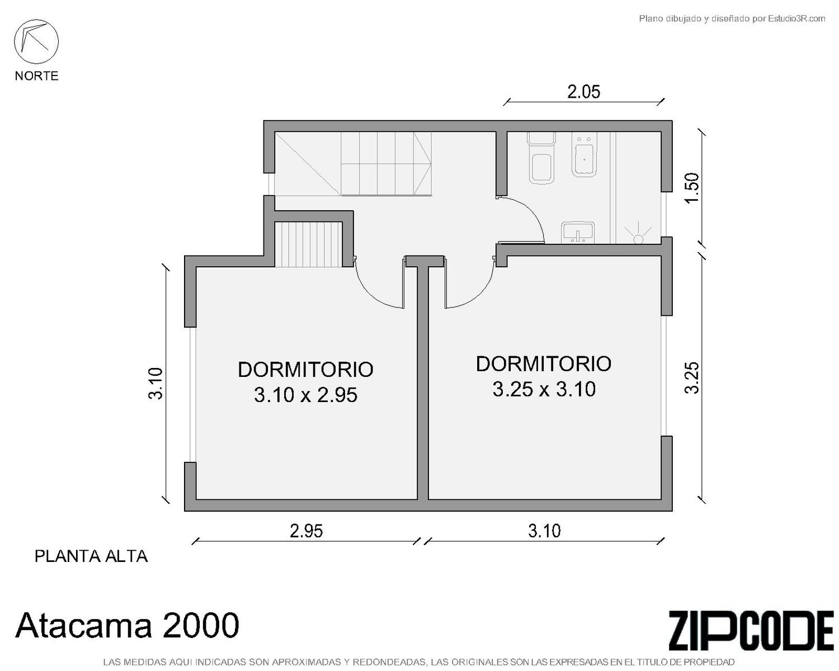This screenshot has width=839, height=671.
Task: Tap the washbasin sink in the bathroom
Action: (x=578, y=233)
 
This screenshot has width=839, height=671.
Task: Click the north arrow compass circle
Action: (x=36, y=41)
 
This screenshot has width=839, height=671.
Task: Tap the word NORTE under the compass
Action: (x=37, y=75)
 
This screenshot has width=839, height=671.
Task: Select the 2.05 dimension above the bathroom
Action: (x=583, y=92)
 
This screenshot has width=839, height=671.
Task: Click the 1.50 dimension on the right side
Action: (x=692, y=188)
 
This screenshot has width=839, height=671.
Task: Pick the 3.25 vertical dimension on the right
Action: (x=692, y=378)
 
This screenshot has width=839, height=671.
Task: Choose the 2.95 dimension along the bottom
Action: (x=307, y=531)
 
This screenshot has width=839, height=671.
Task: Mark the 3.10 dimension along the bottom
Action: (x=544, y=531)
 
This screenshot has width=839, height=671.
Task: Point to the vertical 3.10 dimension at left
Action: (x=155, y=383)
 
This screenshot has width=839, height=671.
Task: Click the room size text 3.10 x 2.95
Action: (x=305, y=395)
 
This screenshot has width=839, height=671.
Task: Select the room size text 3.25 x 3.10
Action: (x=544, y=389)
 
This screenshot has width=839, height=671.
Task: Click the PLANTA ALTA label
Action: (x=91, y=556)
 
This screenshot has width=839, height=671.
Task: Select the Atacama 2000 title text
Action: (x=127, y=625)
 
